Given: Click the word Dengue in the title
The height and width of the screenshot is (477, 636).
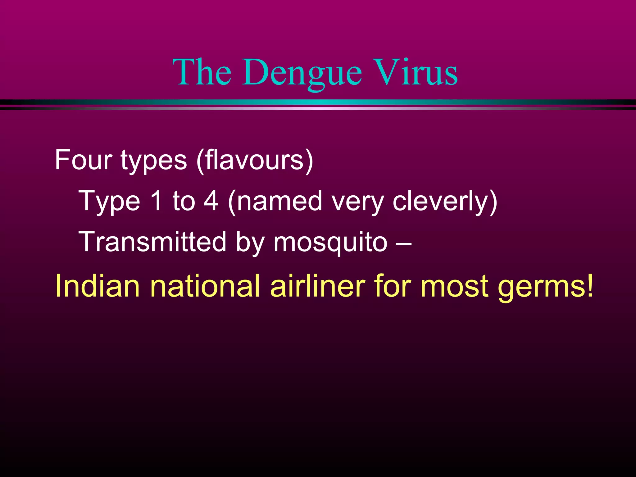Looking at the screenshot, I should pyautogui.click(x=302, y=73).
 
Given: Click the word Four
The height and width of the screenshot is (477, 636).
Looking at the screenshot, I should pyautogui.click(x=83, y=160).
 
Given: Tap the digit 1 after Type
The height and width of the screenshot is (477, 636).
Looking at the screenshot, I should pyautogui.click(x=156, y=201).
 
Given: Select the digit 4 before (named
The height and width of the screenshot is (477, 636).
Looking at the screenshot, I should pyautogui.click(x=211, y=201).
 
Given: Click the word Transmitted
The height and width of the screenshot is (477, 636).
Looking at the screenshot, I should pyautogui.click(x=152, y=242).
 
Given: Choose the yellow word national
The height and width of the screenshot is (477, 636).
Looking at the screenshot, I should pyautogui.click(x=205, y=286).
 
